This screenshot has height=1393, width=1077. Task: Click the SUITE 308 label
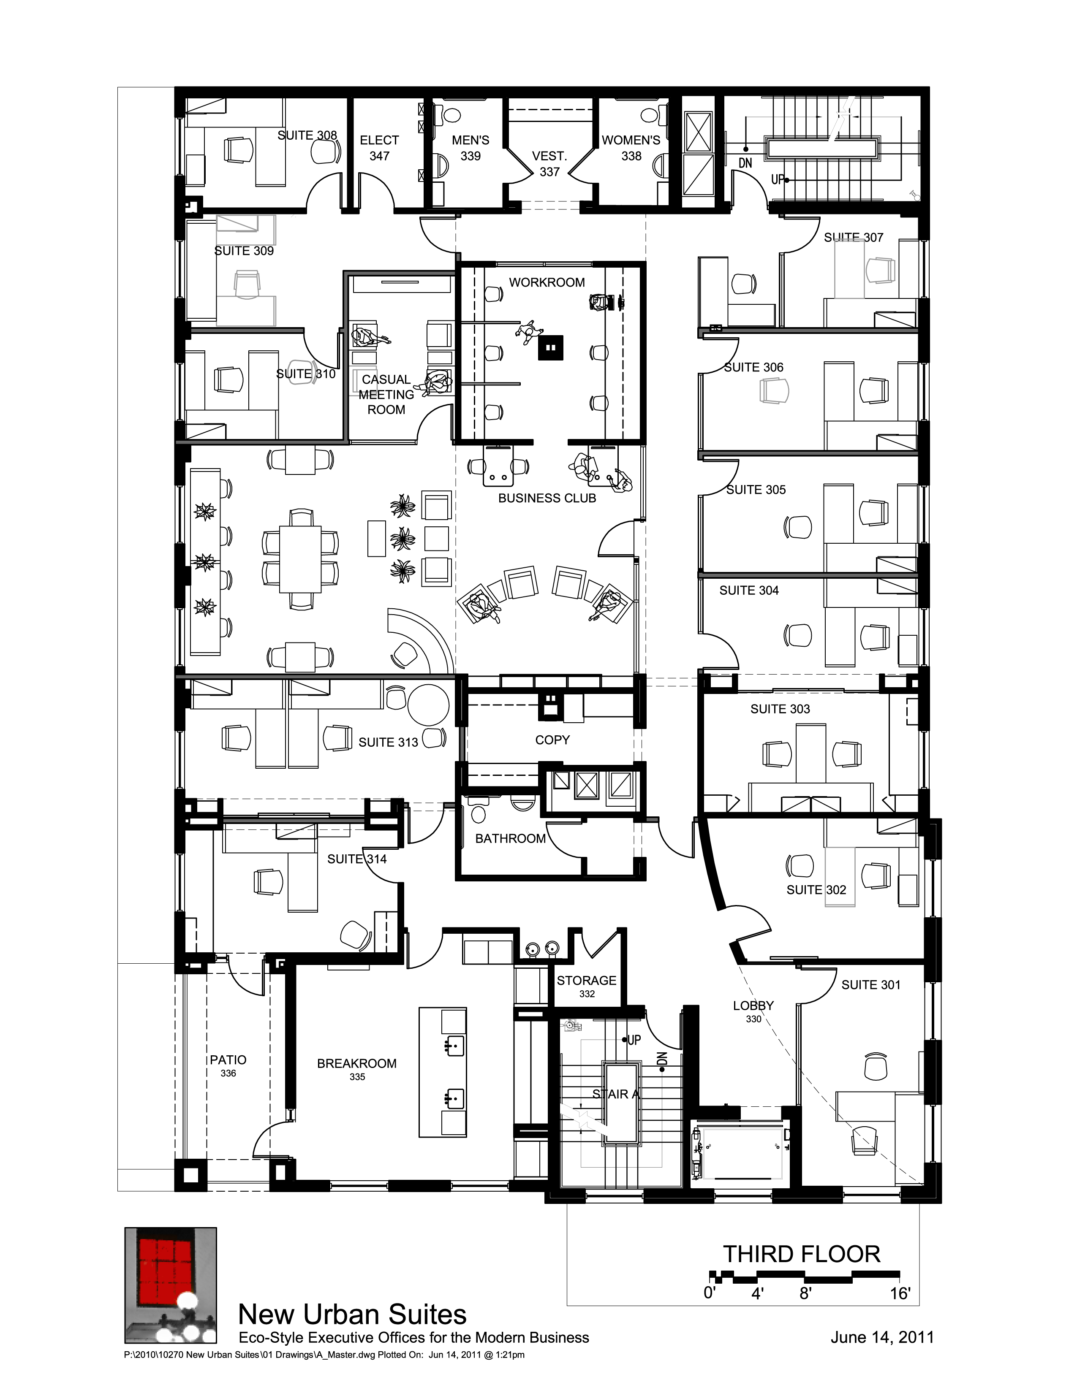[x=307, y=135]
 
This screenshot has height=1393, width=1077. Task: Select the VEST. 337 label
[x=549, y=164]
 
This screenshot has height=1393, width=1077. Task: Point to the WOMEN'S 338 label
[x=631, y=148]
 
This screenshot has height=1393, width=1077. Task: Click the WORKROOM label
[x=547, y=282]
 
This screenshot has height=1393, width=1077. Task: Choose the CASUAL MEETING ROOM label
[x=386, y=395]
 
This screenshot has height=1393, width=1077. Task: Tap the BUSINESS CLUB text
[x=547, y=498]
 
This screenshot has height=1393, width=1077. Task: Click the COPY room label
[x=552, y=740]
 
